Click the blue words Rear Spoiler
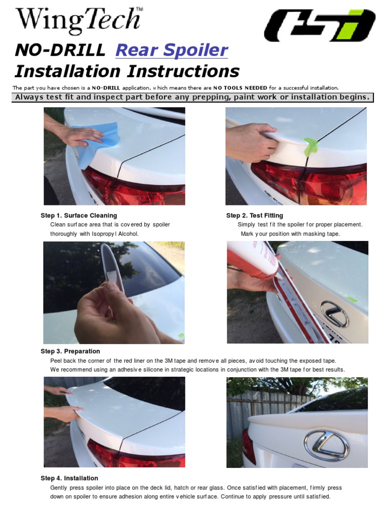(171, 50)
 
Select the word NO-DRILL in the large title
(60, 50)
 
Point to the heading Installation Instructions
(127, 71)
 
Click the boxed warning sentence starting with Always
(192, 97)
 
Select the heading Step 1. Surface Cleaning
(79, 215)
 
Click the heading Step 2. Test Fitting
(254, 215)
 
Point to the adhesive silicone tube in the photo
(254, 259)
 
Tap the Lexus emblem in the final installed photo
(326, 445)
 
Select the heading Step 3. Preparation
(70, 351)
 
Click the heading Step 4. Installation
(69, 478)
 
